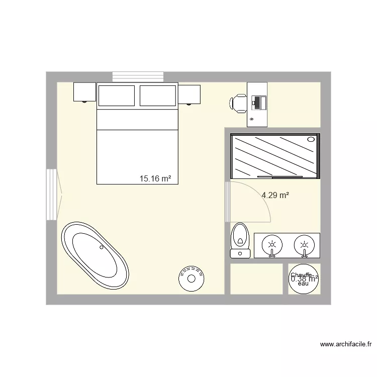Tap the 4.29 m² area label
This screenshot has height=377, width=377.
tap(275, 196)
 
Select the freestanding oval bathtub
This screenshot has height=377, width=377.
tap(95, 255)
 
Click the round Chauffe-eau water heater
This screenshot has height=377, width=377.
tap(303, 279)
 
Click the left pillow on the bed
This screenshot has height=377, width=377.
tap(117, 96)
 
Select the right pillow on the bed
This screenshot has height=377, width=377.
tap(157, 96)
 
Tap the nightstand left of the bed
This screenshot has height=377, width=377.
tap(84, 92)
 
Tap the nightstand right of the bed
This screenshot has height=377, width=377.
tap(190, 94)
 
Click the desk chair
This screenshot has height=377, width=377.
tap(237, 103)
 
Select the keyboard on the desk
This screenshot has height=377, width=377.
tap(258, 103)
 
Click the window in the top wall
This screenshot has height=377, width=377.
tap(138, 76)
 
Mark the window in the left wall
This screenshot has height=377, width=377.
tap(52, 194)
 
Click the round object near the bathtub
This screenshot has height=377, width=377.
tap(191, 277)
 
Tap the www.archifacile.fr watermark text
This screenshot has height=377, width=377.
tap(346, 344)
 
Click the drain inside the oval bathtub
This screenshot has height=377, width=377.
tap(102, 247)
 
